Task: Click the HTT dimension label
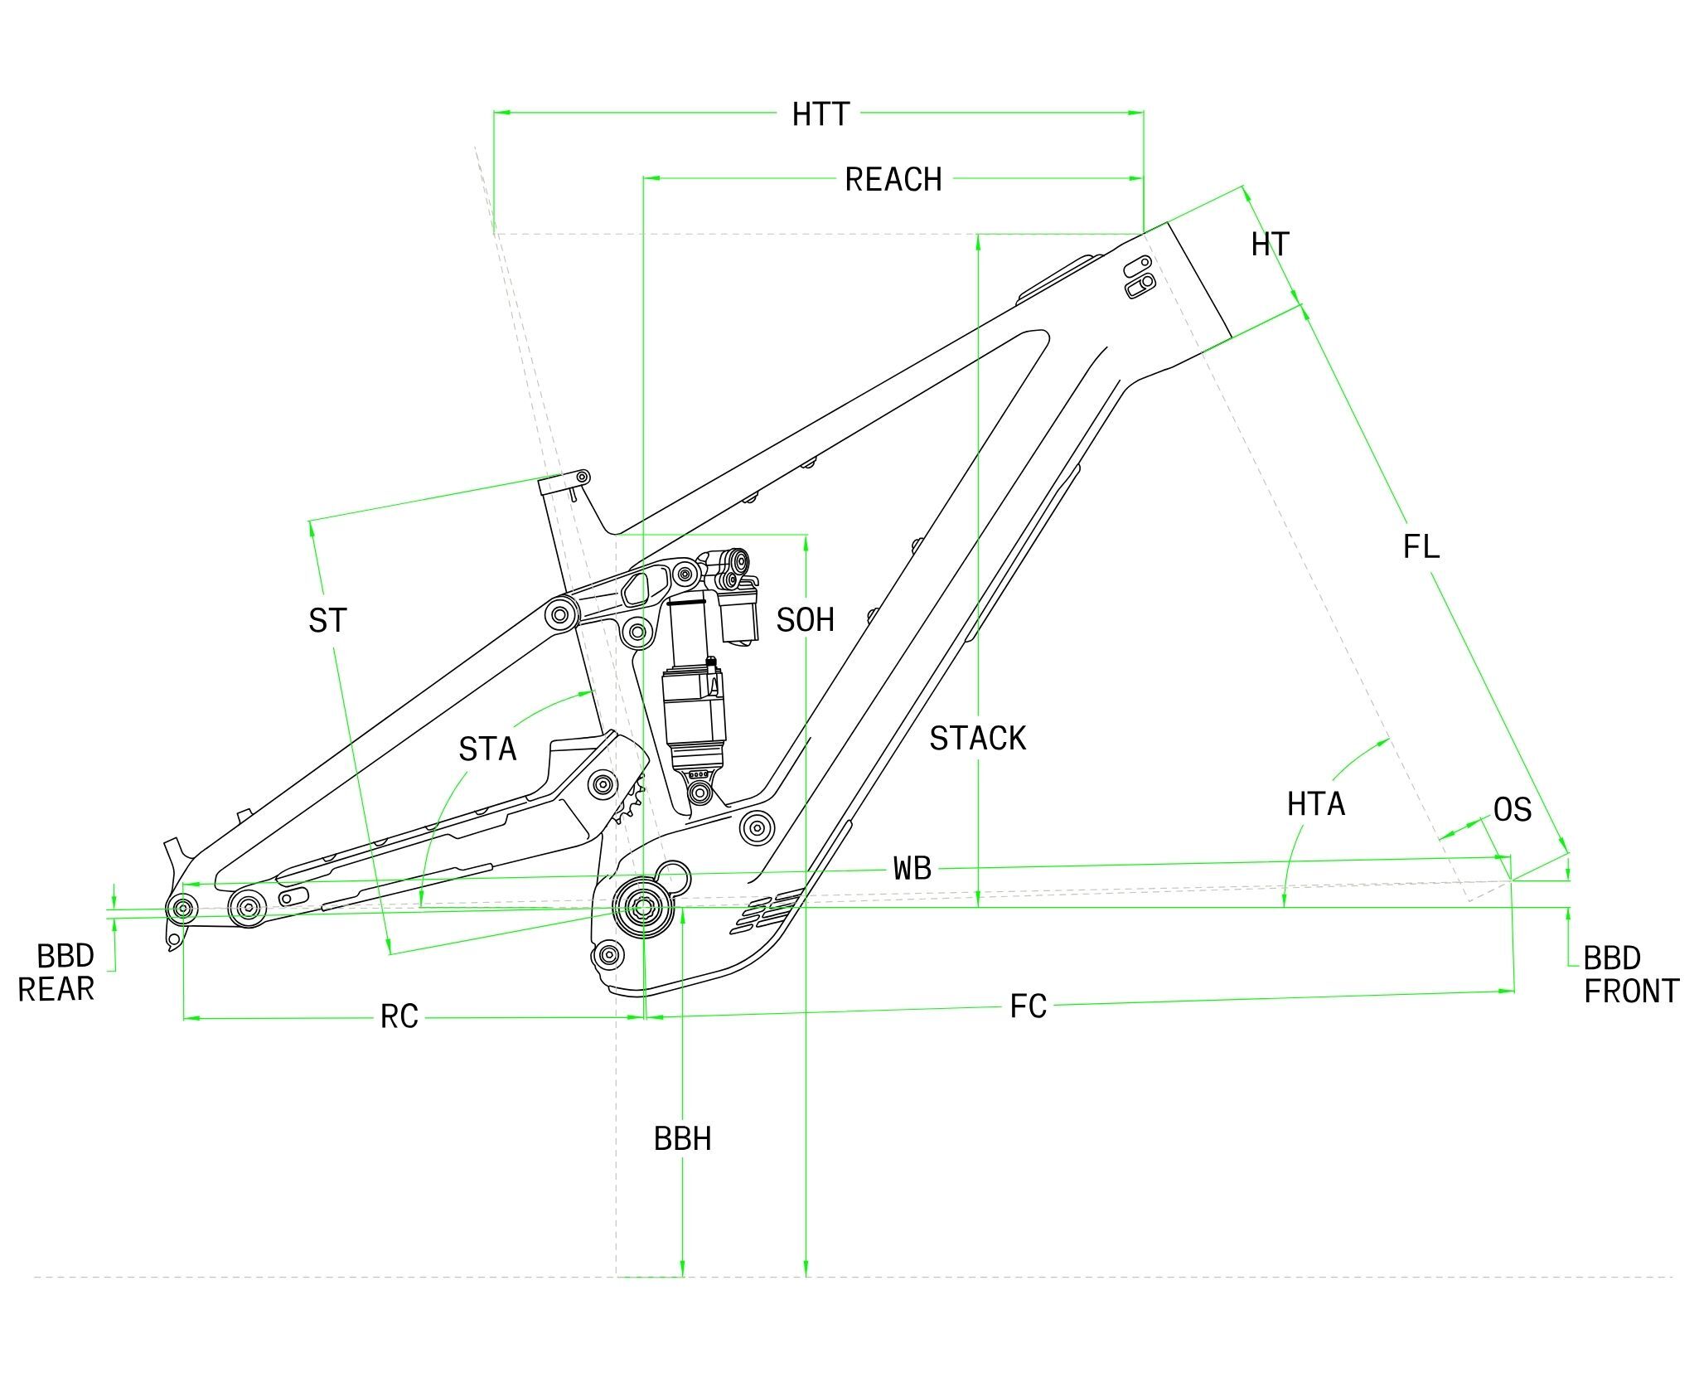[x=820, y=114]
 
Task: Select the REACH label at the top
[x=893, y=180]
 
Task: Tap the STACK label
[x=977, y=738]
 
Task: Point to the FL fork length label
[x=1421, y=546]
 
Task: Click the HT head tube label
[x=1271, y=245]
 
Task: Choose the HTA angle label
[x=1316, y=803]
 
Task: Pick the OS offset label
[x=1513, y=810]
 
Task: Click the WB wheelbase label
[x=912, y=869]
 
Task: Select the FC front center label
[x=1028, y=1006]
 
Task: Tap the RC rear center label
[x=399, y=1016]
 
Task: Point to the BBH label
[x=682, y=1139]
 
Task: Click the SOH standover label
[x=805, y=620]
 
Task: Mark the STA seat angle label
[x=487, y=749]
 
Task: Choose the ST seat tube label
[x=327, y=620]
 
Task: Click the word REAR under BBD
[x=56, y=989]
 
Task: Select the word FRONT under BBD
[x=1631, y=991]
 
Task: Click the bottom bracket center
[x=643, y=908]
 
